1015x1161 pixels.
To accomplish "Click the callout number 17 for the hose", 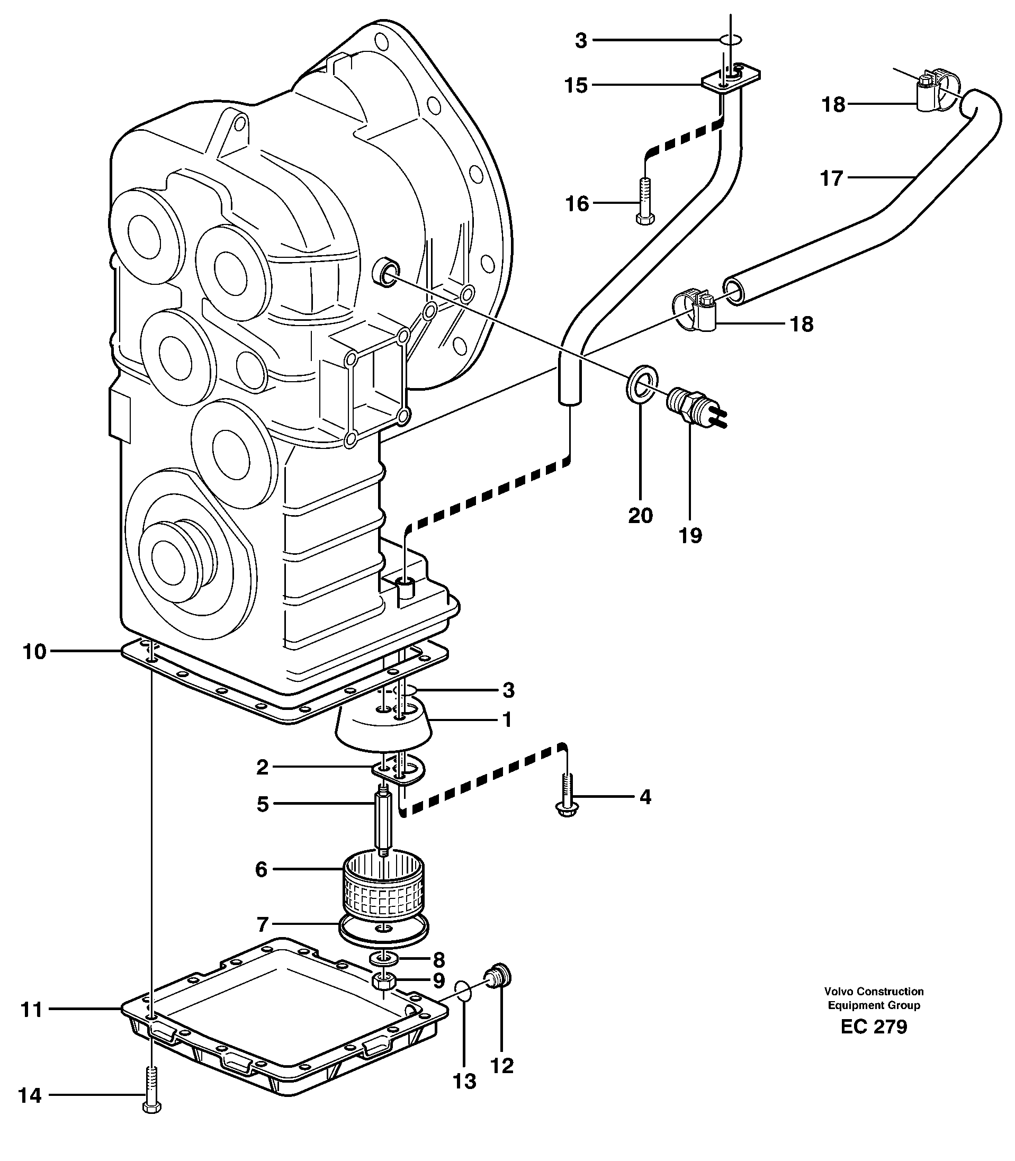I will click(831, 179).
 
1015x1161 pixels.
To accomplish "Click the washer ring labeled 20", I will click(642, 383).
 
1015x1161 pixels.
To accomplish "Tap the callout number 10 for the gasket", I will click(34, 652).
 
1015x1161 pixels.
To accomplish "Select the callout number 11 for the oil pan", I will click(32, 1010).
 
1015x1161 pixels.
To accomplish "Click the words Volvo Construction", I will click(874, 991).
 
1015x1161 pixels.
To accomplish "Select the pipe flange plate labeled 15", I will click(731, 78).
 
